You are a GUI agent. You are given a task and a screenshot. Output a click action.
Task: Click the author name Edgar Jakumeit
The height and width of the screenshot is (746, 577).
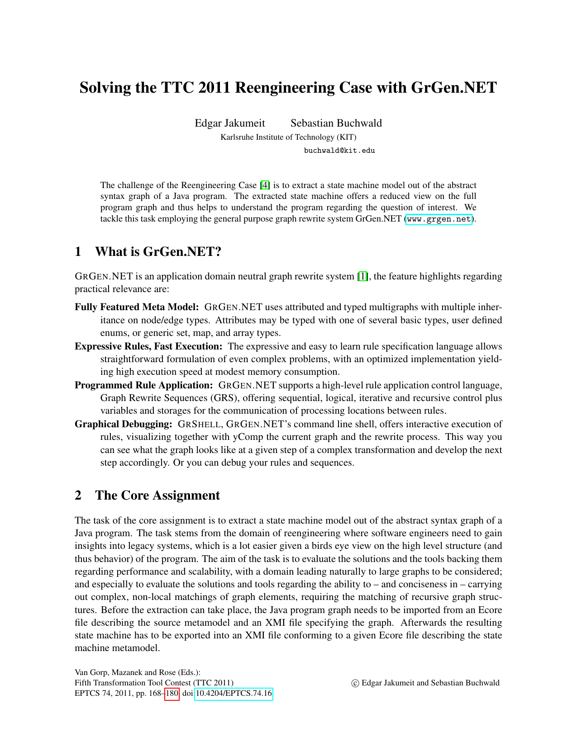pyautogui.click(x=230, y=123)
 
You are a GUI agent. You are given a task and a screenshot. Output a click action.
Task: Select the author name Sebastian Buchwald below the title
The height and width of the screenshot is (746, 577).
pyautogui.click(x=336, y=123)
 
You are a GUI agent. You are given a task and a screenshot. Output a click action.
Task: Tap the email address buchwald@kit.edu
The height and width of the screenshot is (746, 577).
pyautogui.click(x=339, y=151)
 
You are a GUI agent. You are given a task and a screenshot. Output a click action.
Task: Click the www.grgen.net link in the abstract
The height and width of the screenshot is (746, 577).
pyautogui.click(x=439, y=219)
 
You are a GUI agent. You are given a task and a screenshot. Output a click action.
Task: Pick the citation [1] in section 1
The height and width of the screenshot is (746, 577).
pyautogui.click(x=363, y=276)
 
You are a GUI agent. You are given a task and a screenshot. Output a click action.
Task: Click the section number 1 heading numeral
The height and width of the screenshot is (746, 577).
pyautogui.click(x=78, y=252)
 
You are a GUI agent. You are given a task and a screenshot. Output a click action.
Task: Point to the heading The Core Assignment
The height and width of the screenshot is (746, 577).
pyautogui.click(x=157, y=496)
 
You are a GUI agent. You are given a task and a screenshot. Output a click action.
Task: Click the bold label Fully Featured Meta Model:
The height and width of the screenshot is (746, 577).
pyautogui.click(x=137, y=307)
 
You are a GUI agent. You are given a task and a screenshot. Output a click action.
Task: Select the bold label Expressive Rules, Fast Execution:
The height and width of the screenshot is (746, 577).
pyautogui.click(x=148, y=347)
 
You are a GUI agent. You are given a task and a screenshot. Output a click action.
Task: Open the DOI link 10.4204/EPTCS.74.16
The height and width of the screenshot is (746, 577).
pyautogui.click(x=234, y=694)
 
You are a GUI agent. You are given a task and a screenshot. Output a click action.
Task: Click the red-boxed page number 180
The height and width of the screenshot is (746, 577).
pyautogui.click(x=172, y=694)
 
